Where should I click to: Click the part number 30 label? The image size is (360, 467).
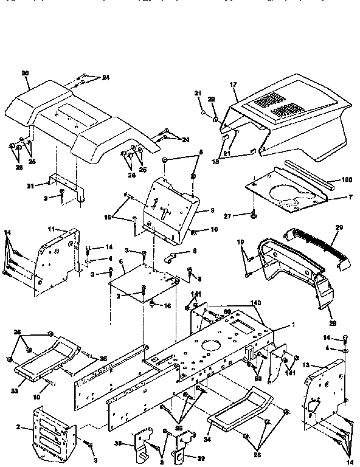25,74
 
